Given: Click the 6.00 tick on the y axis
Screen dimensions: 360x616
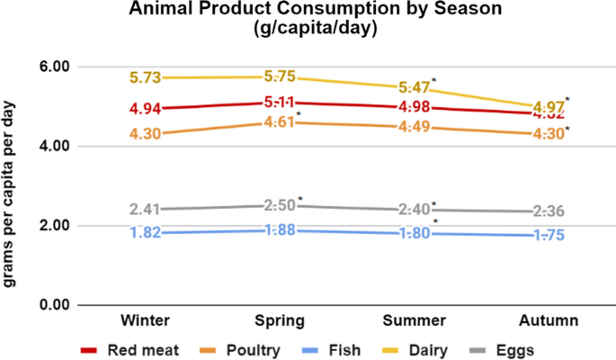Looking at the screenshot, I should (51, 67).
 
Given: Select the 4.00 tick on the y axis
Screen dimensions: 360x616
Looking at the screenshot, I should (51, 146).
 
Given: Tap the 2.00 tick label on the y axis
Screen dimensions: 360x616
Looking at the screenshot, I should (51, 225).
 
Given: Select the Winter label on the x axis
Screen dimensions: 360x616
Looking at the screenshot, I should (145, 320).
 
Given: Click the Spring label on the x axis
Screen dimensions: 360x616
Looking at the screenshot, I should (280, 320).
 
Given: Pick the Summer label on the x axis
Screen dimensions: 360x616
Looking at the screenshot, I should (415, 320).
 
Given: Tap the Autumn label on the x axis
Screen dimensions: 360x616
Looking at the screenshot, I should (549, 320).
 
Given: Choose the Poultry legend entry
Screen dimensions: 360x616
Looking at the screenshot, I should (237, 348).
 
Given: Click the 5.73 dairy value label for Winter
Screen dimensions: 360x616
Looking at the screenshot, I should (145, 78).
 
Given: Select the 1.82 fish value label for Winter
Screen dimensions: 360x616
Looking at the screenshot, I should (145, 233).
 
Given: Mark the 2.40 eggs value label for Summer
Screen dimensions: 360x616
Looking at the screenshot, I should (415, 210).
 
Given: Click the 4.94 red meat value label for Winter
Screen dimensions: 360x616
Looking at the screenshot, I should (145, 110).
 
